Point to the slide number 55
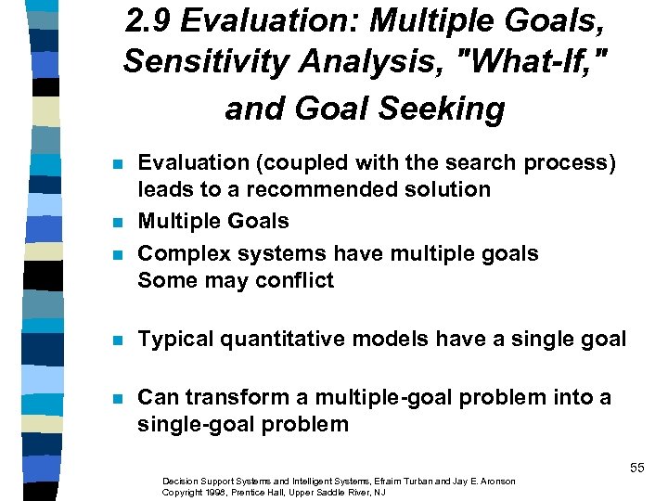pyautogui.click(x=636, y=468)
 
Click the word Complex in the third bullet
pyautogui.click(x=179, y=253)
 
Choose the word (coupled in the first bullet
pyautogui.click(x=289, y=163)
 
